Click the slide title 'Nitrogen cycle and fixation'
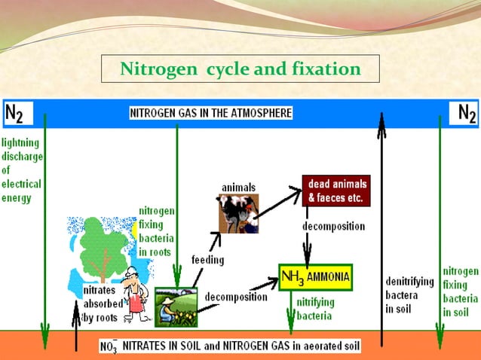240,70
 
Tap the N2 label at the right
465,113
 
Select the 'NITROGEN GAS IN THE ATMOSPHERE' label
211,113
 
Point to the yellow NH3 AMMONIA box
315,276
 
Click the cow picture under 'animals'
238,214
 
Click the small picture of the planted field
175,306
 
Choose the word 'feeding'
207,260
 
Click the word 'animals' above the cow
238,187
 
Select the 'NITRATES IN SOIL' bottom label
230,347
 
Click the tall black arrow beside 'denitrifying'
382,226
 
